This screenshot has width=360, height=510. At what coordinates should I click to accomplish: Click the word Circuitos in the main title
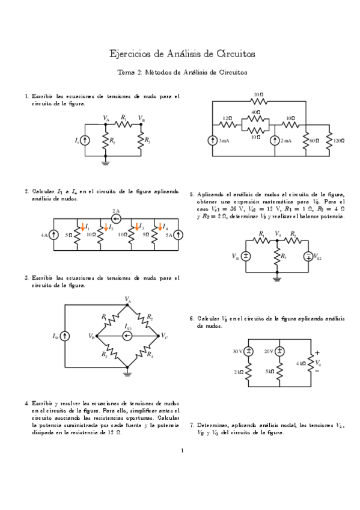(234, 54)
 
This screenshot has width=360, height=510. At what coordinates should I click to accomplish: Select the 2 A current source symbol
(116, 218)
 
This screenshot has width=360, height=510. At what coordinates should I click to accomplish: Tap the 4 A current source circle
(54, 235)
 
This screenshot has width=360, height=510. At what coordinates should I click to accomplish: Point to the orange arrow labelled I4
(160, 228)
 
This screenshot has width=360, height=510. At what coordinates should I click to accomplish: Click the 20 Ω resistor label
(258, 95)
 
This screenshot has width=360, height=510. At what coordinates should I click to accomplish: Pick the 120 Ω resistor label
(338, 140)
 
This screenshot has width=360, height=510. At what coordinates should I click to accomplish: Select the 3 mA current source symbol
(214, 140)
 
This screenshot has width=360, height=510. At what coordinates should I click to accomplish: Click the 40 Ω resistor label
(256, 112)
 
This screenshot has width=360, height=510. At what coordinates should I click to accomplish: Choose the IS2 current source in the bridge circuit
(127, 336)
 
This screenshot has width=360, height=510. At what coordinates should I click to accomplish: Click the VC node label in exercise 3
(164, 336)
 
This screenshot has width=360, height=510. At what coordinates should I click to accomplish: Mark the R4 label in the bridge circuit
(149, 355)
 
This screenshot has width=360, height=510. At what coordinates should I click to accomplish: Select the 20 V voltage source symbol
(280, 351)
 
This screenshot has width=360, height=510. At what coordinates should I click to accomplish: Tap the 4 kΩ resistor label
(302, 363)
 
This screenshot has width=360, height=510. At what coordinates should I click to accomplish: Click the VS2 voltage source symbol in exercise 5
(308, 256)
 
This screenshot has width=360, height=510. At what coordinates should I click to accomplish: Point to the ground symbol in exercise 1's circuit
(106, 161)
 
